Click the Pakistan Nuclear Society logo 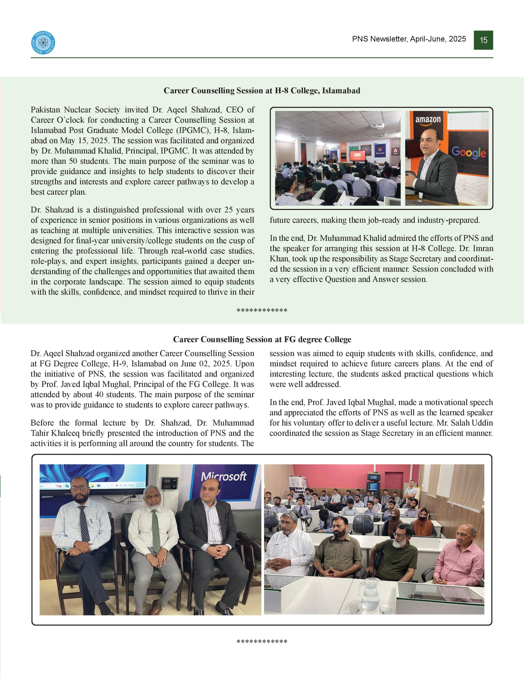point(43,43)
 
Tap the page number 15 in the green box point(483,40)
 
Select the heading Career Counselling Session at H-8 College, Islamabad point(262,91)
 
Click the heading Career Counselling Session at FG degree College point(262,339)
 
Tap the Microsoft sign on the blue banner point(224,476)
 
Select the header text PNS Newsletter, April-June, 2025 point(409,39)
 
